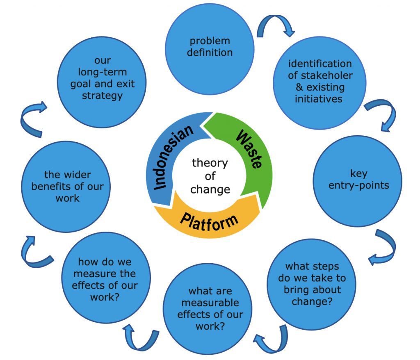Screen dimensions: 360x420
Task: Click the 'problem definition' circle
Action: [210, 47]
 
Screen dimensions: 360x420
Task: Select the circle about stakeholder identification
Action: [320, 82]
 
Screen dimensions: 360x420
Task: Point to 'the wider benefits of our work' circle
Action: [63, 187]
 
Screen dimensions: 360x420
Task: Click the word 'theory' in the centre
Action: [210, 163]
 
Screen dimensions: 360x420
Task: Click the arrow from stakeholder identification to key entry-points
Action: [384, 114]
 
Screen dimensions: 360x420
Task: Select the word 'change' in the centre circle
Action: [210, 190]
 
